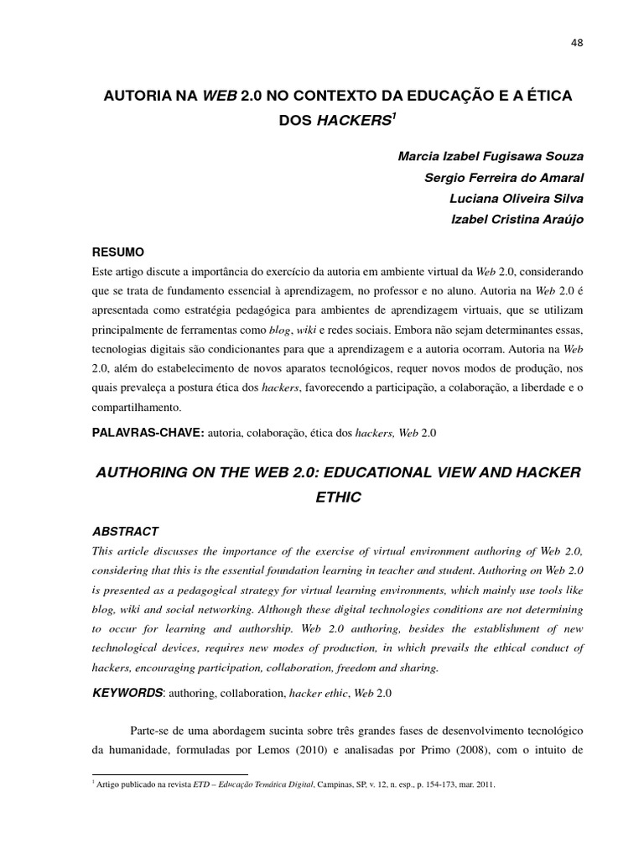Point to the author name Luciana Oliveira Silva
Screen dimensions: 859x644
click(x=517, y=198)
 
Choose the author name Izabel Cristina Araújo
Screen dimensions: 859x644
click(x=518, y=218)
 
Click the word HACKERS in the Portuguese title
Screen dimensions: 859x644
click(x=353, y=121)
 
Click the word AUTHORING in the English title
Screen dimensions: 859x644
click(x=144, y=473)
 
